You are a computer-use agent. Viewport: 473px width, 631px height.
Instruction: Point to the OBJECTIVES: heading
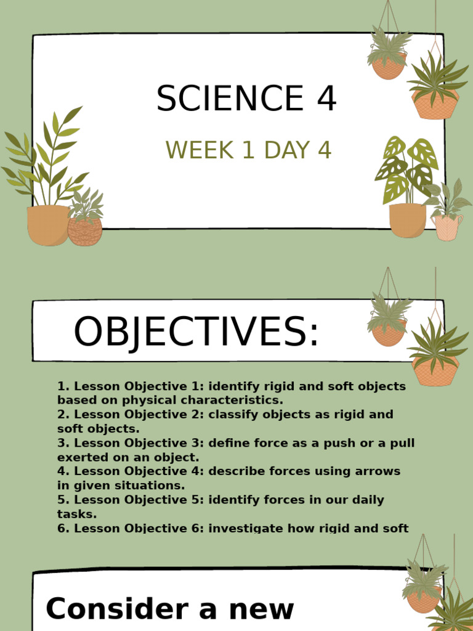click(x=196, y=332)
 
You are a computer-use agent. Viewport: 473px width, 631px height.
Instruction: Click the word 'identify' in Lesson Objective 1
click(x=232, y=386)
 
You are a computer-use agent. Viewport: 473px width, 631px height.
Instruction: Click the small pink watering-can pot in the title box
click(x=448, y=227)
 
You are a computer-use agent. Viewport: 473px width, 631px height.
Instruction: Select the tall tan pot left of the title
click(x=47, y=225)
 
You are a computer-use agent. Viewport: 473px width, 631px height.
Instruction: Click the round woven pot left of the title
click(x=85, y=232)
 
